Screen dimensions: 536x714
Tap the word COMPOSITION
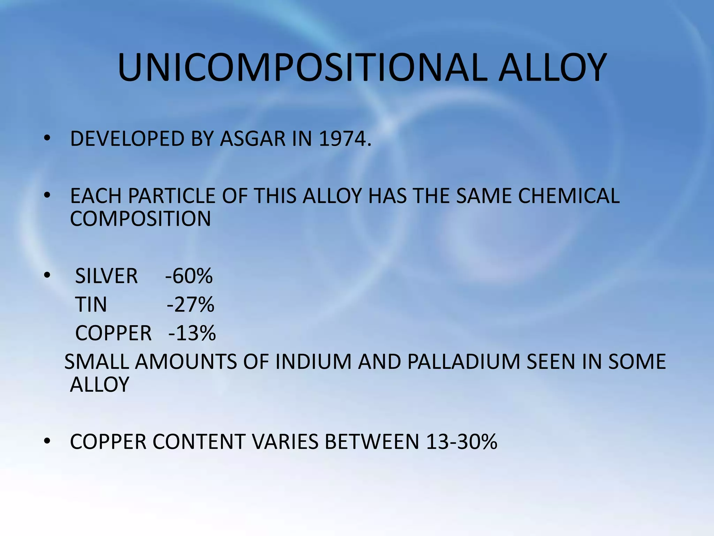click(x=140, y=219)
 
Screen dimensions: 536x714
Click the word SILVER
click(x=106, y=276)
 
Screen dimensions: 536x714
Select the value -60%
click(x=189, y=276)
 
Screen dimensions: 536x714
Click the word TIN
click(x=91, y=305)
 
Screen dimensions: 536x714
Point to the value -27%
click(x=190, y=305)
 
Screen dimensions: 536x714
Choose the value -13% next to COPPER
click(x=192, y=333)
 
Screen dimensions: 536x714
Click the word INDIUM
click(x=313, y=362)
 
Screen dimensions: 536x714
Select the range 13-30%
click(x=461, y=442)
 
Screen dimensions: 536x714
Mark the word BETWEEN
click(x=372, y=442)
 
